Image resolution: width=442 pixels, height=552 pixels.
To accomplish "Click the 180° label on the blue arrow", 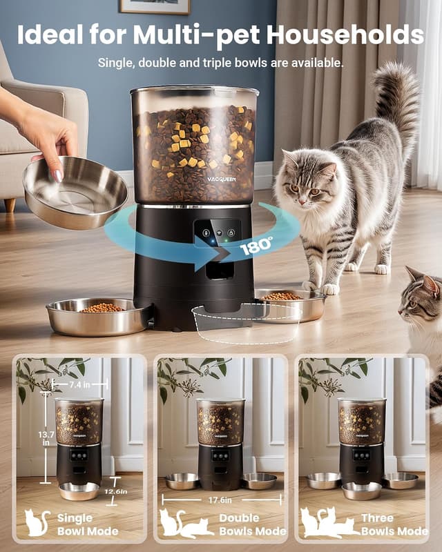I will point(256,246).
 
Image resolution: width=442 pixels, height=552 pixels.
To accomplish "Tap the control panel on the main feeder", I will point(218,233).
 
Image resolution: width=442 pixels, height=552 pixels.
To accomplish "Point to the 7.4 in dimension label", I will point(81,383).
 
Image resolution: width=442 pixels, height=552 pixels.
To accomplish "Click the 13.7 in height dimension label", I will point(46,437).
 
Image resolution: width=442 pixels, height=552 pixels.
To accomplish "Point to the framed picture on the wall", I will point(154,6).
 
